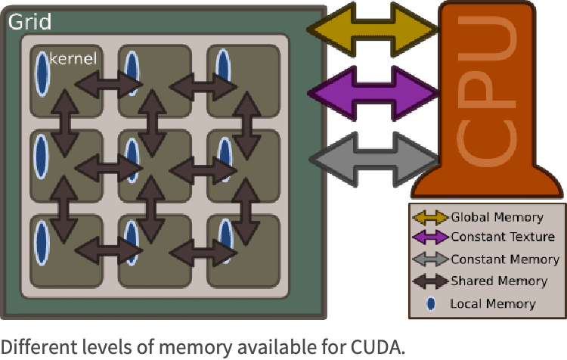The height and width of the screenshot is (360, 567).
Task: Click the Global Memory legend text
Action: (x=497, y=217)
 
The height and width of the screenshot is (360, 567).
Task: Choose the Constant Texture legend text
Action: (x=502, y=237)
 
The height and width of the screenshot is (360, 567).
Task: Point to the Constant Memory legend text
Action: (x=504, y=259)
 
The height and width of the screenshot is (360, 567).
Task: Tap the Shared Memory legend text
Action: (x=498, y=281)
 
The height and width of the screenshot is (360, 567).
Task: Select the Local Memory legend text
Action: (x=492, y=304)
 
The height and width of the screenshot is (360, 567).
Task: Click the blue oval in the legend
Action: (x=431, y=304)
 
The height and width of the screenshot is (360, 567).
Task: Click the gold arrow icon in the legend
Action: (x=430, y=218)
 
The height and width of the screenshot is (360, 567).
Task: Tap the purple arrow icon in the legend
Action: (x=430, y=237)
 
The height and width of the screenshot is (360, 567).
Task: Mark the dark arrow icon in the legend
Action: (x=430, y=281)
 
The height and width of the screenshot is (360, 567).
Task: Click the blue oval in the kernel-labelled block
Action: (x=42, y=73)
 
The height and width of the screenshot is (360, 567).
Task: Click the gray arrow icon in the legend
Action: (x=430, y=259)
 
